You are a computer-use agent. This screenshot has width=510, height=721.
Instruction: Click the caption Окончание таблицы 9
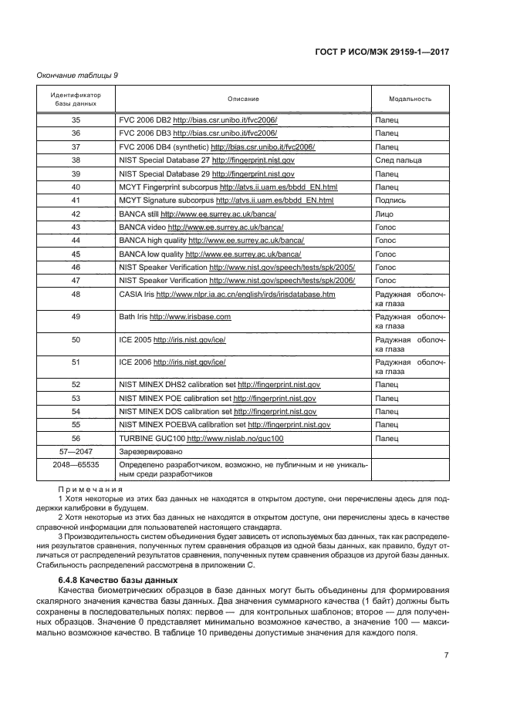pos(77,75)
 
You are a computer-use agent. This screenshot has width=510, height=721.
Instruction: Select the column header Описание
pos(243,99)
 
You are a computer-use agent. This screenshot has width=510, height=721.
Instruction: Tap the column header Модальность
pos(410,99)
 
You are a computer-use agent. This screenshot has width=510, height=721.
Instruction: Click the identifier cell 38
pos(76,160)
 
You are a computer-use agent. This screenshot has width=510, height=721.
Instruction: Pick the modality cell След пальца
pos(398,160)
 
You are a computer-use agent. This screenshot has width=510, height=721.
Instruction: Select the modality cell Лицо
pos(384,213)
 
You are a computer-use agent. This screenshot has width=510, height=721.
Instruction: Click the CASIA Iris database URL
pos(245,294)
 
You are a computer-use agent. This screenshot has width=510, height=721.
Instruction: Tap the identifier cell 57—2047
pos(76,451)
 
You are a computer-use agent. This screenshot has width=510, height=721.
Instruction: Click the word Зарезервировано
pos(150,451)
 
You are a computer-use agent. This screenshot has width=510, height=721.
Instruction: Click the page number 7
pos(447,655)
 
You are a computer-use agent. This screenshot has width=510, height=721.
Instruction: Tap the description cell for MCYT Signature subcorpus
pos(226,200)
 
